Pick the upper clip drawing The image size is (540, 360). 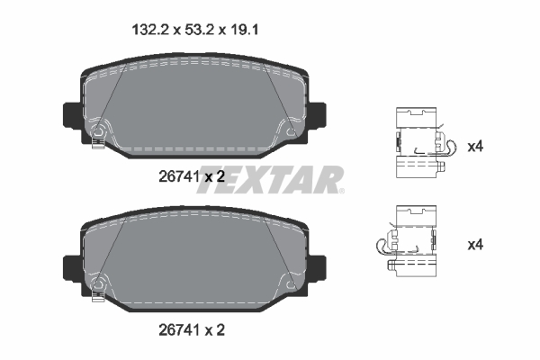[x=419, y=145]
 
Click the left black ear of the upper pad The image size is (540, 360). [x=71, y=115]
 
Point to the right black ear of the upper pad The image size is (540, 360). [x=319, y=115]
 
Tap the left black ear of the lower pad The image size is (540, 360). [x=71, y=267]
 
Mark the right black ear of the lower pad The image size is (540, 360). [x=319, y=267]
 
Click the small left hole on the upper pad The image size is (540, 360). [x=99, y=134]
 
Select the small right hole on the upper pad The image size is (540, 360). [x=291, y=133]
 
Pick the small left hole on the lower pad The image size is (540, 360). [x=99, y=286]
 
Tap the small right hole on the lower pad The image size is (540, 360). [x=291, y=285]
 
